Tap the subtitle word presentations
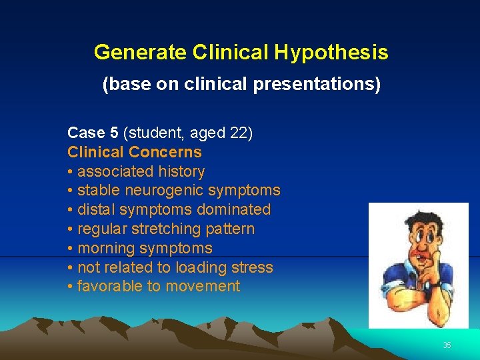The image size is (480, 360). [x=322, y=85]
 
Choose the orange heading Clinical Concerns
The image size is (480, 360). [x=135, y=152]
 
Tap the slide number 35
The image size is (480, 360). [x=447, y=345]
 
